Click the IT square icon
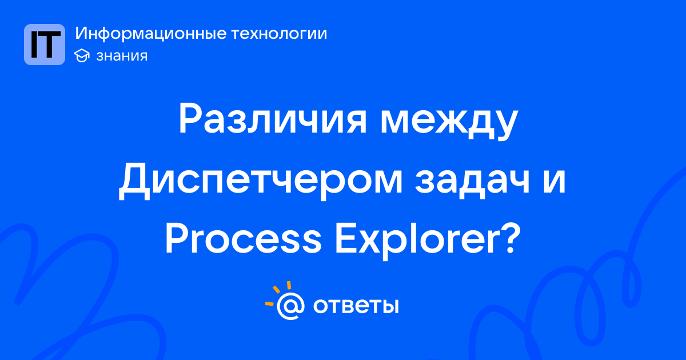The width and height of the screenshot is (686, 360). (x=45, y=45)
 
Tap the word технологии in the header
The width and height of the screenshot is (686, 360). (x=279, y=34)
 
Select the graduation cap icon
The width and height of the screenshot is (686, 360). (x=82, y=55)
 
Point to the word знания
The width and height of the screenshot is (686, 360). (x=122, y=56)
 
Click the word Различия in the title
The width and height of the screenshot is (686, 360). (x=273, y=119)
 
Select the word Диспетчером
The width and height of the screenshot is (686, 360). (x=261, y=181)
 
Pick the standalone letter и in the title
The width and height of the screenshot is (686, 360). (x=554, y=182)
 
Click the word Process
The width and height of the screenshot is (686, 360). (x=244, y=239)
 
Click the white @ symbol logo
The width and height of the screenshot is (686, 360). (x=290, y=306)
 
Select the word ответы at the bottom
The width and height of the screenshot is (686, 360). (x=356, y=306)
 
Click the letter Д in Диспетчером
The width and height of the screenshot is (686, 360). (x=134, y=181)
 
